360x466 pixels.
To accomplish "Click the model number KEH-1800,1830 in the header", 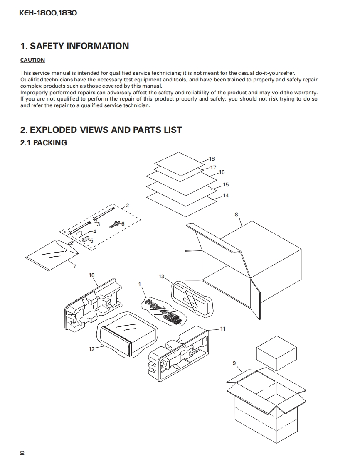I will pos(48,13).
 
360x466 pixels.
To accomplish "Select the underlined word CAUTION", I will pos(32,60).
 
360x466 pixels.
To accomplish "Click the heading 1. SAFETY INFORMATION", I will pos(75,46).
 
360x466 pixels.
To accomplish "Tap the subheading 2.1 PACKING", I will pos(44,143).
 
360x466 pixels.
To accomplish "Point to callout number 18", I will pos(212,159).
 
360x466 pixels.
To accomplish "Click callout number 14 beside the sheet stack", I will pos(226,196).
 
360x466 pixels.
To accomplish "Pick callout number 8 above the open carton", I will pos(236,215).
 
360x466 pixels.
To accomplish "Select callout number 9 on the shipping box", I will pos(234,363).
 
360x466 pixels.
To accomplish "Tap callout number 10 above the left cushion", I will pos(92,275).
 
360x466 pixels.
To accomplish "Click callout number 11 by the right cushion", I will pos(223,329).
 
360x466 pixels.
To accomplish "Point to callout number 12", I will pos(92,349).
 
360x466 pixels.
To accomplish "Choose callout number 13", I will pos(162,277).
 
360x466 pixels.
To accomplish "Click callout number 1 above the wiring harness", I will pos(140,284).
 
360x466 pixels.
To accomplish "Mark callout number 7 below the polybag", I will pos(74,266).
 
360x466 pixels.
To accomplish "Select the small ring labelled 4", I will pos(79,234).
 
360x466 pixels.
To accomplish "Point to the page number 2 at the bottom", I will pos(22,453).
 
